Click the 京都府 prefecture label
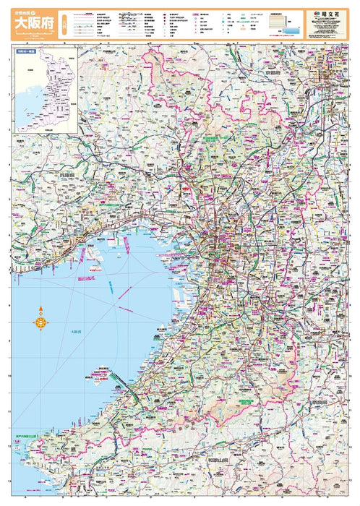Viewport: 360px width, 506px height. point(275,73)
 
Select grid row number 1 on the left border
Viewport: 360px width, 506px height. point(9,61)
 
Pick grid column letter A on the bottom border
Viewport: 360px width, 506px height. point(27,499)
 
